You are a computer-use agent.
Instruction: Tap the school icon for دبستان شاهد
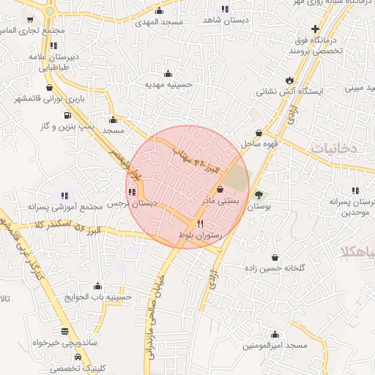224,10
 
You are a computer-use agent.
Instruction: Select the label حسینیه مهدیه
168,84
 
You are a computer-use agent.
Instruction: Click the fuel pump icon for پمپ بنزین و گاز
67,114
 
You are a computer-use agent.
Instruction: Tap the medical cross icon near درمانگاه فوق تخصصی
315,28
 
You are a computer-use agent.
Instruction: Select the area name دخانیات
334,148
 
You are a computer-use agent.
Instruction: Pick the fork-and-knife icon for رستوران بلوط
201,223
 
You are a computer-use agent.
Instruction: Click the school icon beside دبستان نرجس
132,193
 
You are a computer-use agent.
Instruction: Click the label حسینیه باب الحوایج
97,297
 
